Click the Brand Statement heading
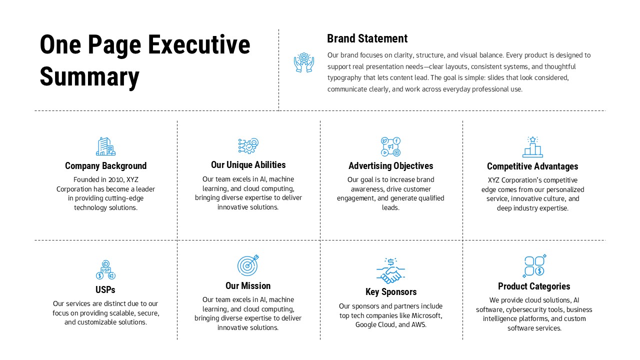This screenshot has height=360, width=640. pos(367,38)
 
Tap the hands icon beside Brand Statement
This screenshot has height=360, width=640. pos(304,63)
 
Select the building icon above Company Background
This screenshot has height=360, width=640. pos(105,146)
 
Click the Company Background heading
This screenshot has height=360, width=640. pos(105,166)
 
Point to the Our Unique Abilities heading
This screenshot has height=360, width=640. pos(248,165)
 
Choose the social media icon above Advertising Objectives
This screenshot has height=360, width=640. pos(390,146)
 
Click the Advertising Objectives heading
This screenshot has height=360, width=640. pos(390,166)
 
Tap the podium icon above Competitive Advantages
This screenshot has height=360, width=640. pos(532,147)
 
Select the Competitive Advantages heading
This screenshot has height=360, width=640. pos(532,166)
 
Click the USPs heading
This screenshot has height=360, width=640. pos(105,290)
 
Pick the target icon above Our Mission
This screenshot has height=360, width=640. pos(248,265)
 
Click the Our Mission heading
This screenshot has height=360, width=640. pos(248,286)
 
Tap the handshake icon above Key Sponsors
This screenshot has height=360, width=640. pos(390,270)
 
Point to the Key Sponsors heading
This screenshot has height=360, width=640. pos(390,292)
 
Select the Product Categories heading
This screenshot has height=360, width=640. pos(534,286)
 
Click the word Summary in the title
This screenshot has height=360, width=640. pos(89,77)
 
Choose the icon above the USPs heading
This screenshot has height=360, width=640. pos(105,270)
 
